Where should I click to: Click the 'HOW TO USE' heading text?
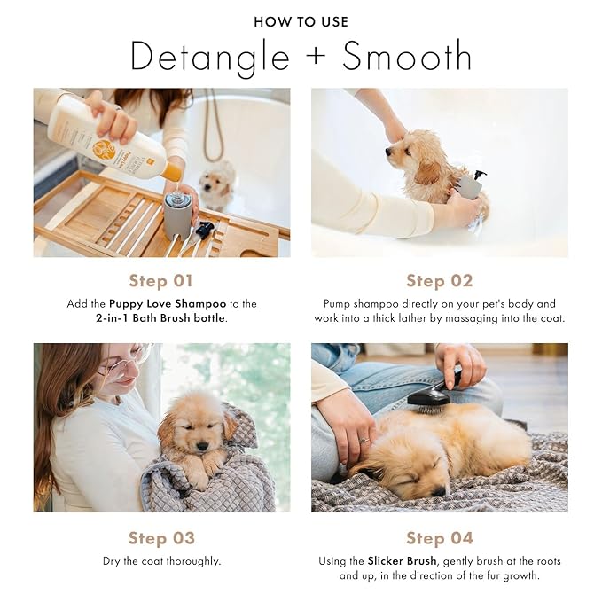[301, 21]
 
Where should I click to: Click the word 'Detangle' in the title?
[209, 57]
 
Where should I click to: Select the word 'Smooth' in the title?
[407, 57]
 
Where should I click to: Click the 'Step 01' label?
[160, 281]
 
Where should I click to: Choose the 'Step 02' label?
[439, 281]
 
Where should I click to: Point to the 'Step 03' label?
[160, 538]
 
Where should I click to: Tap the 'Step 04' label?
[439, 538]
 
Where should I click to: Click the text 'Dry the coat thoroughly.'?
[161, 561]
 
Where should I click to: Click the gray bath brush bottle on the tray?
[178, 215]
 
